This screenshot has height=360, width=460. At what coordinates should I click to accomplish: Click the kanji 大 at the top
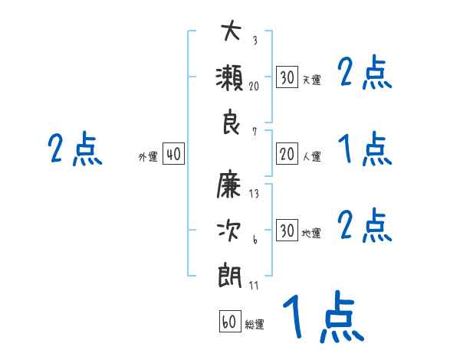pos(231,34)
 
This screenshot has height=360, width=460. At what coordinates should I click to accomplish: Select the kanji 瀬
pos(231,78)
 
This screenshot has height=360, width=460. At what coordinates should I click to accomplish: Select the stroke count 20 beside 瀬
pos(255,87)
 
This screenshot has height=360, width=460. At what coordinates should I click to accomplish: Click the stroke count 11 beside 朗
pos(254,285)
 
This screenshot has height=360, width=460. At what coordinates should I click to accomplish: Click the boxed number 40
pos(173,155)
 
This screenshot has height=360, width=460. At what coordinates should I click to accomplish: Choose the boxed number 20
pos(287,154)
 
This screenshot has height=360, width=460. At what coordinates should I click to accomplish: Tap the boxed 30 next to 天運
pos(287,77)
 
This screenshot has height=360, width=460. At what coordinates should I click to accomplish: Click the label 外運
pos(148,157)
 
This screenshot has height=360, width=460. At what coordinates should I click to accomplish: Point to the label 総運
pos(255,325)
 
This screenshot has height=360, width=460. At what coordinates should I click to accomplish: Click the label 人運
pos(311,157)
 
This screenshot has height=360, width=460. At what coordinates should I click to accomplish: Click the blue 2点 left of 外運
pos(74,149)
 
